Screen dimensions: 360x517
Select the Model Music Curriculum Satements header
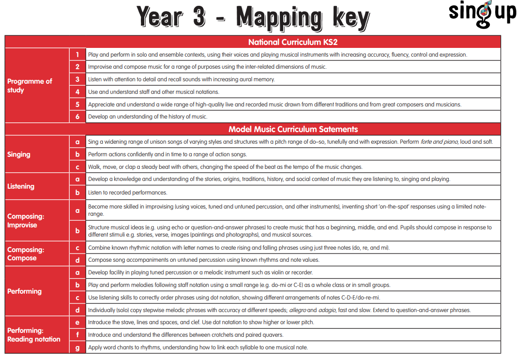(x=293, y=129)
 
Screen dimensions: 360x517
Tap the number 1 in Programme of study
(x=77, y=55)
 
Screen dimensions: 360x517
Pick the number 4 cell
(x=77, y=91)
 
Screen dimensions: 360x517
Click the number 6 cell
(x=77, y=117)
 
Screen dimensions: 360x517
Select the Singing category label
(x=19, y=154)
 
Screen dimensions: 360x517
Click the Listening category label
(x=21, y=186)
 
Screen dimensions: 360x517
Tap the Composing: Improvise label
(x=26, y=221)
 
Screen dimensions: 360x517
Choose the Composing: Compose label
(x=26, y=254)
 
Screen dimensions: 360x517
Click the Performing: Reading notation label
(x=34, y=335)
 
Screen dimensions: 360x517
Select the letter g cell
(x=77, y=347)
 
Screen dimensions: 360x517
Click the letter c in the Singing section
(x=77, y=167)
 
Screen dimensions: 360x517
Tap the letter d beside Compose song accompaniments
(x=77, y=260)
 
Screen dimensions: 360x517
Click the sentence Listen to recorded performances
(x=127, y=193)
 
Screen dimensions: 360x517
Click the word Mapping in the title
(x=278, y=18)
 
